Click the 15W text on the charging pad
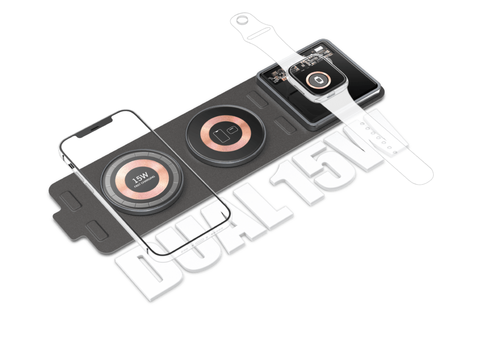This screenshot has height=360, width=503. tap(140, 177)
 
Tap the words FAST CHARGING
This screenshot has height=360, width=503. tap(145, 182)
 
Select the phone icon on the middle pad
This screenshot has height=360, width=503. tap(222, 136)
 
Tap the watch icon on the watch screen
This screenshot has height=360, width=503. tap(318, 80)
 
